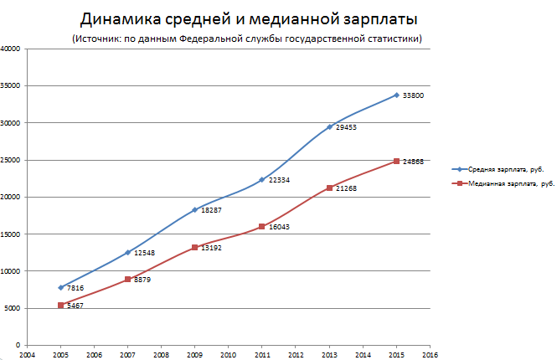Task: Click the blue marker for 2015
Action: [395, 95]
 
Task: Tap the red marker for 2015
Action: [395, 161]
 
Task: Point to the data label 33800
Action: [413, 95]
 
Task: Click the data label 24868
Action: [413, 161]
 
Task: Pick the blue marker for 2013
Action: [328, 127]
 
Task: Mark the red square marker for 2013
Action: [328, 188]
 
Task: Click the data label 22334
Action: [279, 180]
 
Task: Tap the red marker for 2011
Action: [261, 226]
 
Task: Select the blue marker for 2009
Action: [194, 210]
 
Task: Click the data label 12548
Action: [145, 252]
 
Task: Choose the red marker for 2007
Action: [127, 280]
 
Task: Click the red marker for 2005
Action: [61, 305]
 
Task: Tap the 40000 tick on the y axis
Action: [11, 49]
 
